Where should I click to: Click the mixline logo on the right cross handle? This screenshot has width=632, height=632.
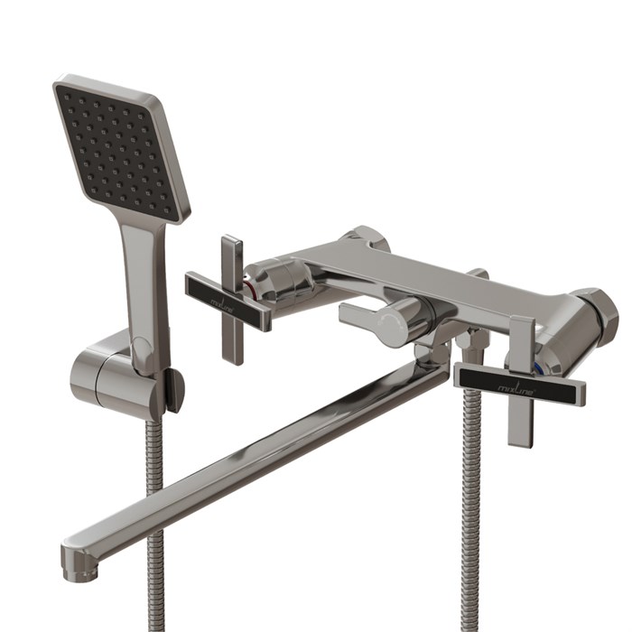click(518, 384)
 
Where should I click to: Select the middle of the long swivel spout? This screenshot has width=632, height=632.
click(262, 451)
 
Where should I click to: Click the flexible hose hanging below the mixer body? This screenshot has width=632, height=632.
click(470, 506)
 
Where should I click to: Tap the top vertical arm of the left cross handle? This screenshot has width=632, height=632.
click(231, 256)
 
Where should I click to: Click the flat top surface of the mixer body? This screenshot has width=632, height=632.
click(433, 266)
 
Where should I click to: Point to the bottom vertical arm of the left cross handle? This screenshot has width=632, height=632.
click(232, 343)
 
